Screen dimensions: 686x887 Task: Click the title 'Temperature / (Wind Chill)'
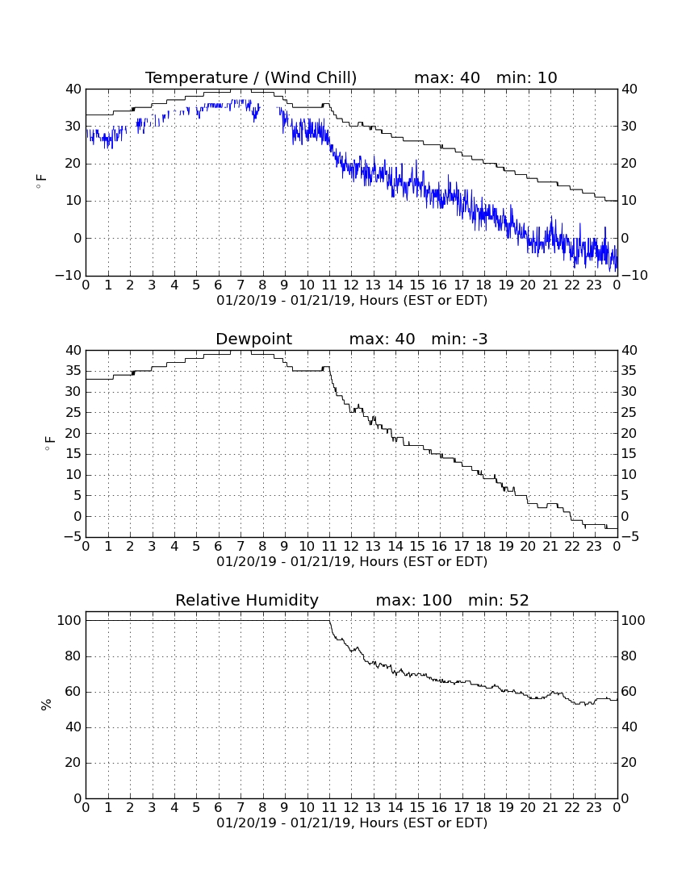tap(251, 77)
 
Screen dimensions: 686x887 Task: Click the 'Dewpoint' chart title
tap(253, 339)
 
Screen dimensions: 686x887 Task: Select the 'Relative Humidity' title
tap(247, 600)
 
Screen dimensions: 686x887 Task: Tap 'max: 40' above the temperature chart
tap(447, 77)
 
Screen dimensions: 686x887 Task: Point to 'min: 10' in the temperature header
tap(526, 77)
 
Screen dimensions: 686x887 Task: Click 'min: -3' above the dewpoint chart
tap(459, 339)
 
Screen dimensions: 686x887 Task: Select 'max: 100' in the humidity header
tap(414, 600)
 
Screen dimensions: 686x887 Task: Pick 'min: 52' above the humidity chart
tap(498, 600)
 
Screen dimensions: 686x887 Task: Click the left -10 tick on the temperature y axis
tap(69, 276)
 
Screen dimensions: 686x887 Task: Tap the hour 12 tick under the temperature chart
tap(351, 285)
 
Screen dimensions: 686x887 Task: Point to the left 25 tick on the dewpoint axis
tap(74, 412)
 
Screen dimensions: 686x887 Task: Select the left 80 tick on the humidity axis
tap(74, 656)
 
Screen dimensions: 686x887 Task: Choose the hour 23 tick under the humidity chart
tap(594, 808)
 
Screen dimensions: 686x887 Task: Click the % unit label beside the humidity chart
tap(46, 704)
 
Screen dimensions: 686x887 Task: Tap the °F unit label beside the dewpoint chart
tap(50, 443)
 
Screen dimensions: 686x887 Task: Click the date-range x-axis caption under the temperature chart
tap(352, 301)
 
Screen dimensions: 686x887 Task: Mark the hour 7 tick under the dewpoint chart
tap(241, 547)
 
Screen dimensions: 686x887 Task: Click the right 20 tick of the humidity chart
tap(629, 763)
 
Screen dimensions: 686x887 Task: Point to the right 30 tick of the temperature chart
tap(629, 126)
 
